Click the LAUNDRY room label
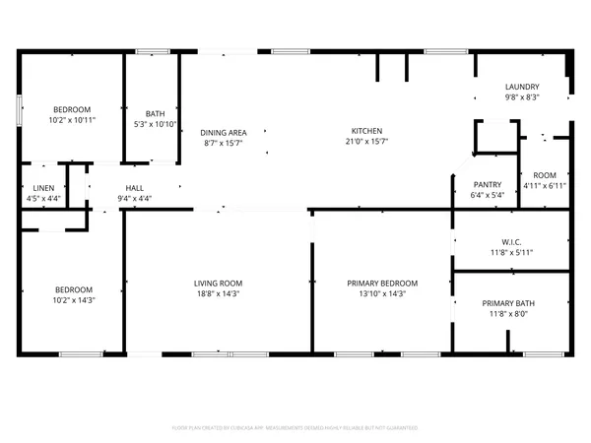point(521,87)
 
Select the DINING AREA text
point(224,132)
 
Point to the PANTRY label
point(488,184)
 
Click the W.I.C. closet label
point(510,243)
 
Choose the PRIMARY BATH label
point(510,303)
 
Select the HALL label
point(135,187)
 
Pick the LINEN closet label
point(42,187)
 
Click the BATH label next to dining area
point(155,113)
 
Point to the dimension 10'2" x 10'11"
point(72,120)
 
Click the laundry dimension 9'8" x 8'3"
point(521,97)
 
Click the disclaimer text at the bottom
point(295,428)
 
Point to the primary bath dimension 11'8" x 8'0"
point(510,315)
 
